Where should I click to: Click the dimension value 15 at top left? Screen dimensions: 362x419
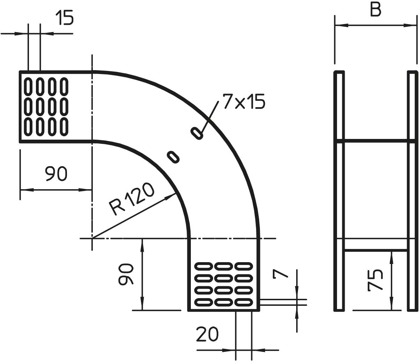click(x=64, y=18)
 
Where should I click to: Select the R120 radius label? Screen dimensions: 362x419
click(x=131, y=198)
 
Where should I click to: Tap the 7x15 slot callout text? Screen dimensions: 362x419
click(x=244, y=102)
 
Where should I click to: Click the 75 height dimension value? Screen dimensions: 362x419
click(x=375, y=280)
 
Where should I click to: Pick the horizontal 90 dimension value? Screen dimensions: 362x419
click(x=55, y=173)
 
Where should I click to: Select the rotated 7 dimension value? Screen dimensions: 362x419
click(x=280, y=274)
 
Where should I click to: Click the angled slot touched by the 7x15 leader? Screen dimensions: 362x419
click(x=197, y=133)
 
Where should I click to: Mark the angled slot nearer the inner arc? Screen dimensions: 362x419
click(x=173, y=157)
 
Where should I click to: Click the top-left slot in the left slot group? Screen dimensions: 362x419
click(x=28, y=87)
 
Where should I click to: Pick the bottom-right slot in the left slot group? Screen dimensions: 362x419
click(x=64, y=127)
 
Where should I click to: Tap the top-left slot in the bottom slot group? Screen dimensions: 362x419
click(x=204, y=267)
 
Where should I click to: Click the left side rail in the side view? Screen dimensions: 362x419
click(x=339, y=191)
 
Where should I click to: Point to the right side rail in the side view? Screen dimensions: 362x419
click(x=412, y=191)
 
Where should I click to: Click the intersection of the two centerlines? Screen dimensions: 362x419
click(x=92, y=238)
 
